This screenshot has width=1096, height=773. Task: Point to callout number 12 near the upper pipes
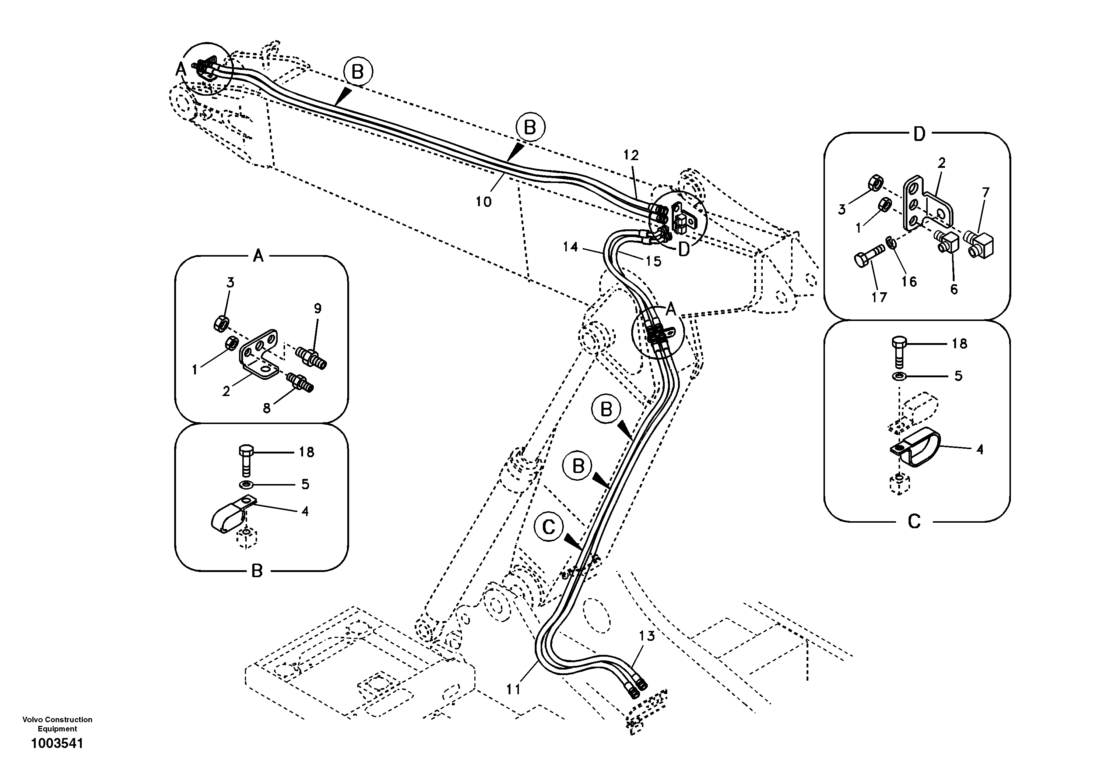pyautogui.click(x=630, y=155)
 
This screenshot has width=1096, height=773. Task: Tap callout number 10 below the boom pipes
pyautogui.click(x=483, y=202)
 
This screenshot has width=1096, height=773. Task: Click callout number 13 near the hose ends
pyautogui.click(x=647, y=636)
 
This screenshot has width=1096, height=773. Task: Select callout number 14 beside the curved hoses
pyautogui.click(x=570, y=247)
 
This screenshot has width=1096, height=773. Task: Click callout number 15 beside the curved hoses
pyautogui.click(x=653, y=261)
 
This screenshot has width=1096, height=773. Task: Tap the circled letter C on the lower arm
pyautogui.click(x=549, y=527)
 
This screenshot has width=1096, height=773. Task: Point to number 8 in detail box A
pyautogui.click(x=266, y=408)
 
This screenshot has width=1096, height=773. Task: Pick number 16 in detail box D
pyautogui.click(x=909, y=282)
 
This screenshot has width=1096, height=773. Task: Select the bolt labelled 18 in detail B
pyautogui.click(x=246, y=459)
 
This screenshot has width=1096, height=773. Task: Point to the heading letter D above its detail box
pyautogui.click(x=919, y=135)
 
